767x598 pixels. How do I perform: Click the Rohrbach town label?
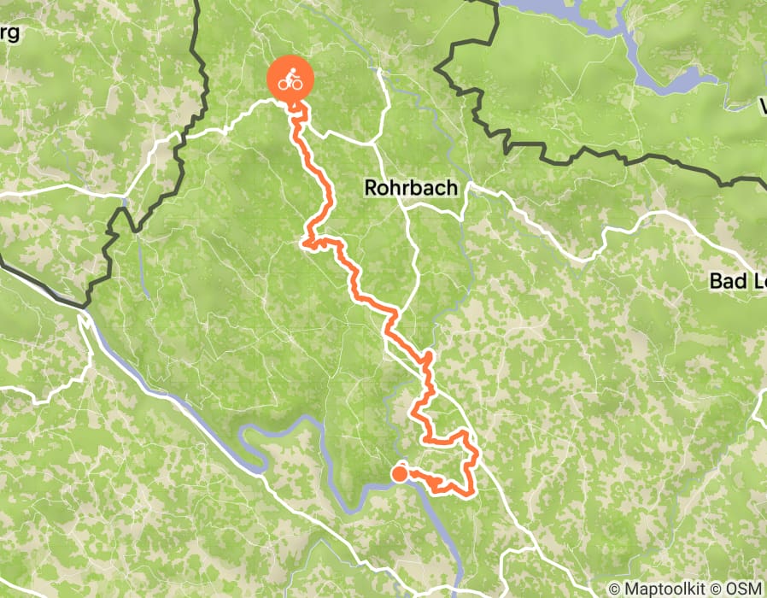411,187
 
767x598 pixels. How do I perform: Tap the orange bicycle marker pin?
291,81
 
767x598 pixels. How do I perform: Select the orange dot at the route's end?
399,472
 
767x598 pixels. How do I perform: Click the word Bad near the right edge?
726,280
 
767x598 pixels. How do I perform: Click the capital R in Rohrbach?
372,187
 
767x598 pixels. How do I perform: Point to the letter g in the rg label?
15,36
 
